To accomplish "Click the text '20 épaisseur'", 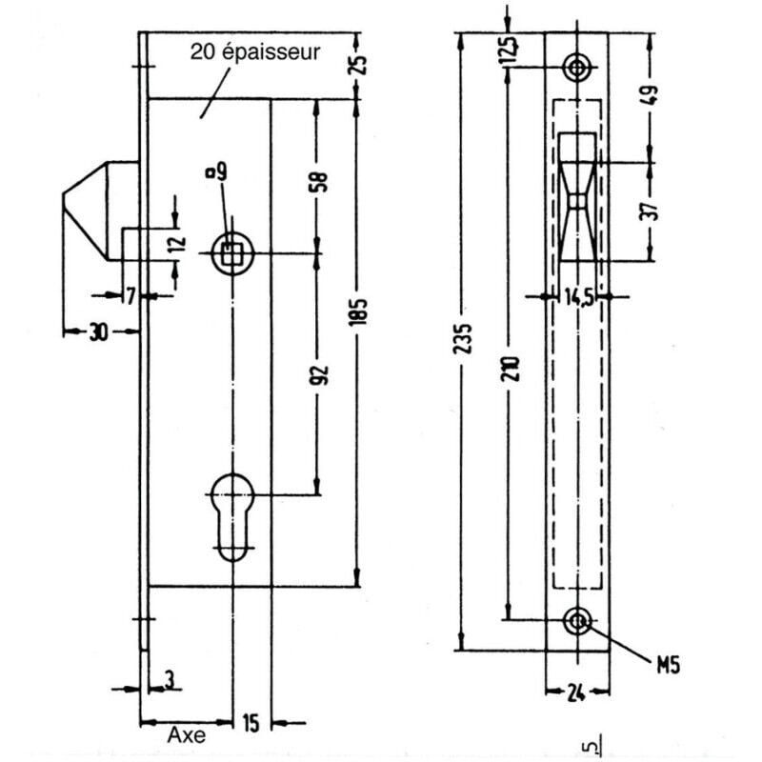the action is click(255, 52).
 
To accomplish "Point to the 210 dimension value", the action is click(511, 369).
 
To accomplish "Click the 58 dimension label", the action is click(318, 182).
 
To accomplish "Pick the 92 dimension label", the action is click(318, 375).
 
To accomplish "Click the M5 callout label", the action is click(669, 665).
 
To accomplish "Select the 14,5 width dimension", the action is click(578, 297).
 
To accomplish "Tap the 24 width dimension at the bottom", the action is click(576, 693).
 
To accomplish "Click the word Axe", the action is click(187, 735).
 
